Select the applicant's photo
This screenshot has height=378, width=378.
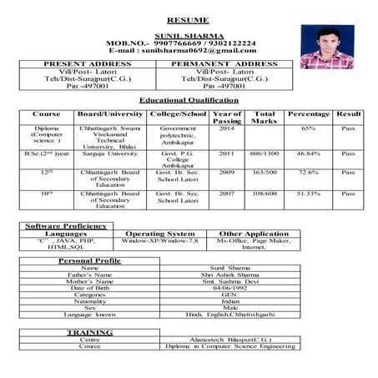(326, 46)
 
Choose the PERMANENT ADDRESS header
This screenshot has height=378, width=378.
(224, 63)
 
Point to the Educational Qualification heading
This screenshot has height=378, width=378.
(189, 99)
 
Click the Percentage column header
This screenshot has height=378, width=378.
(308, 113)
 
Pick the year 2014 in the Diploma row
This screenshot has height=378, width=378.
(226, 129)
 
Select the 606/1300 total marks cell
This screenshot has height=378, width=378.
(265, 154)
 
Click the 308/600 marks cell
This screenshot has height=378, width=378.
(265, 194)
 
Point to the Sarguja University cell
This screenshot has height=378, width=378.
(109, 154)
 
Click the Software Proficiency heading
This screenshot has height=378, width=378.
(66, 226)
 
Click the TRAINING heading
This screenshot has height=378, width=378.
(90, 331)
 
